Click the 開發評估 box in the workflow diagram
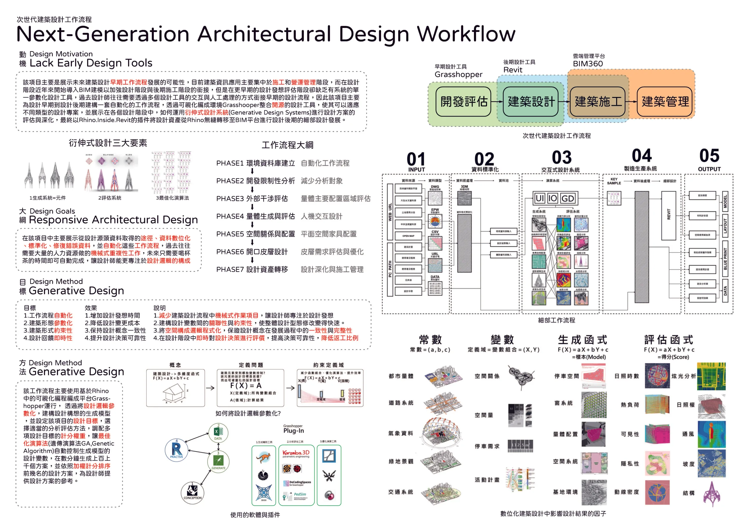pyautogui.click(x=464, y=101)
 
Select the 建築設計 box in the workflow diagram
pyautogui.click(x=531, y=101)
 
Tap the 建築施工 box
pyautogui.click(x=598, y=101)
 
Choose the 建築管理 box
pyautogui.click(x=665, y=101)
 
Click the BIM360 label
pyautogui.click(x=588, y=64)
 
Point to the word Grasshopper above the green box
pyautogui.click(x=458, y=75)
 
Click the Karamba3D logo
pyautogui.click(x=296, y=453)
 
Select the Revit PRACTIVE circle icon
pyautogui.click(x=176, y=450)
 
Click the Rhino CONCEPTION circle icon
pyautogui.click(x=192, y=492)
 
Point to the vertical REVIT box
pyautogui.click(x=669, y=215)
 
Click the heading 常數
pyautogui.click(x=430, y=340)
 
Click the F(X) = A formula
pyautogui.click(x=246, y=386)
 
